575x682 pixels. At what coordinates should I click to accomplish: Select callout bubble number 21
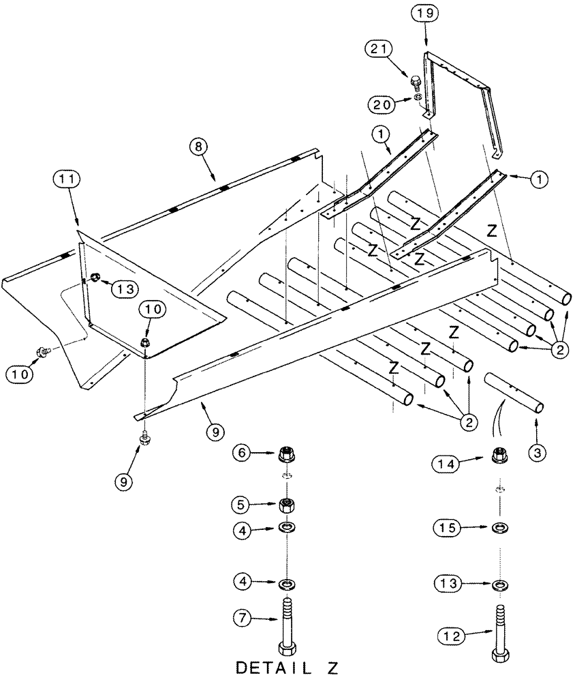coord(380,49)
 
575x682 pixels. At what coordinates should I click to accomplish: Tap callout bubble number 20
coord(380,104)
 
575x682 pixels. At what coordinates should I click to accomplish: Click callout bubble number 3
coord(536,451)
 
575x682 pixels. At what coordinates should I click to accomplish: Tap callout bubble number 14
coord(448,464)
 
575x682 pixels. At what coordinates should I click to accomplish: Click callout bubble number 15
coord(448,527)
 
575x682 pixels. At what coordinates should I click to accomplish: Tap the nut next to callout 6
coord(287,452)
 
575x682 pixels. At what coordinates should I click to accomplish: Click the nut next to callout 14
coord(499,454)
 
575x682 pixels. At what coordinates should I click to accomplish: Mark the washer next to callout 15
coord(500,528)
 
